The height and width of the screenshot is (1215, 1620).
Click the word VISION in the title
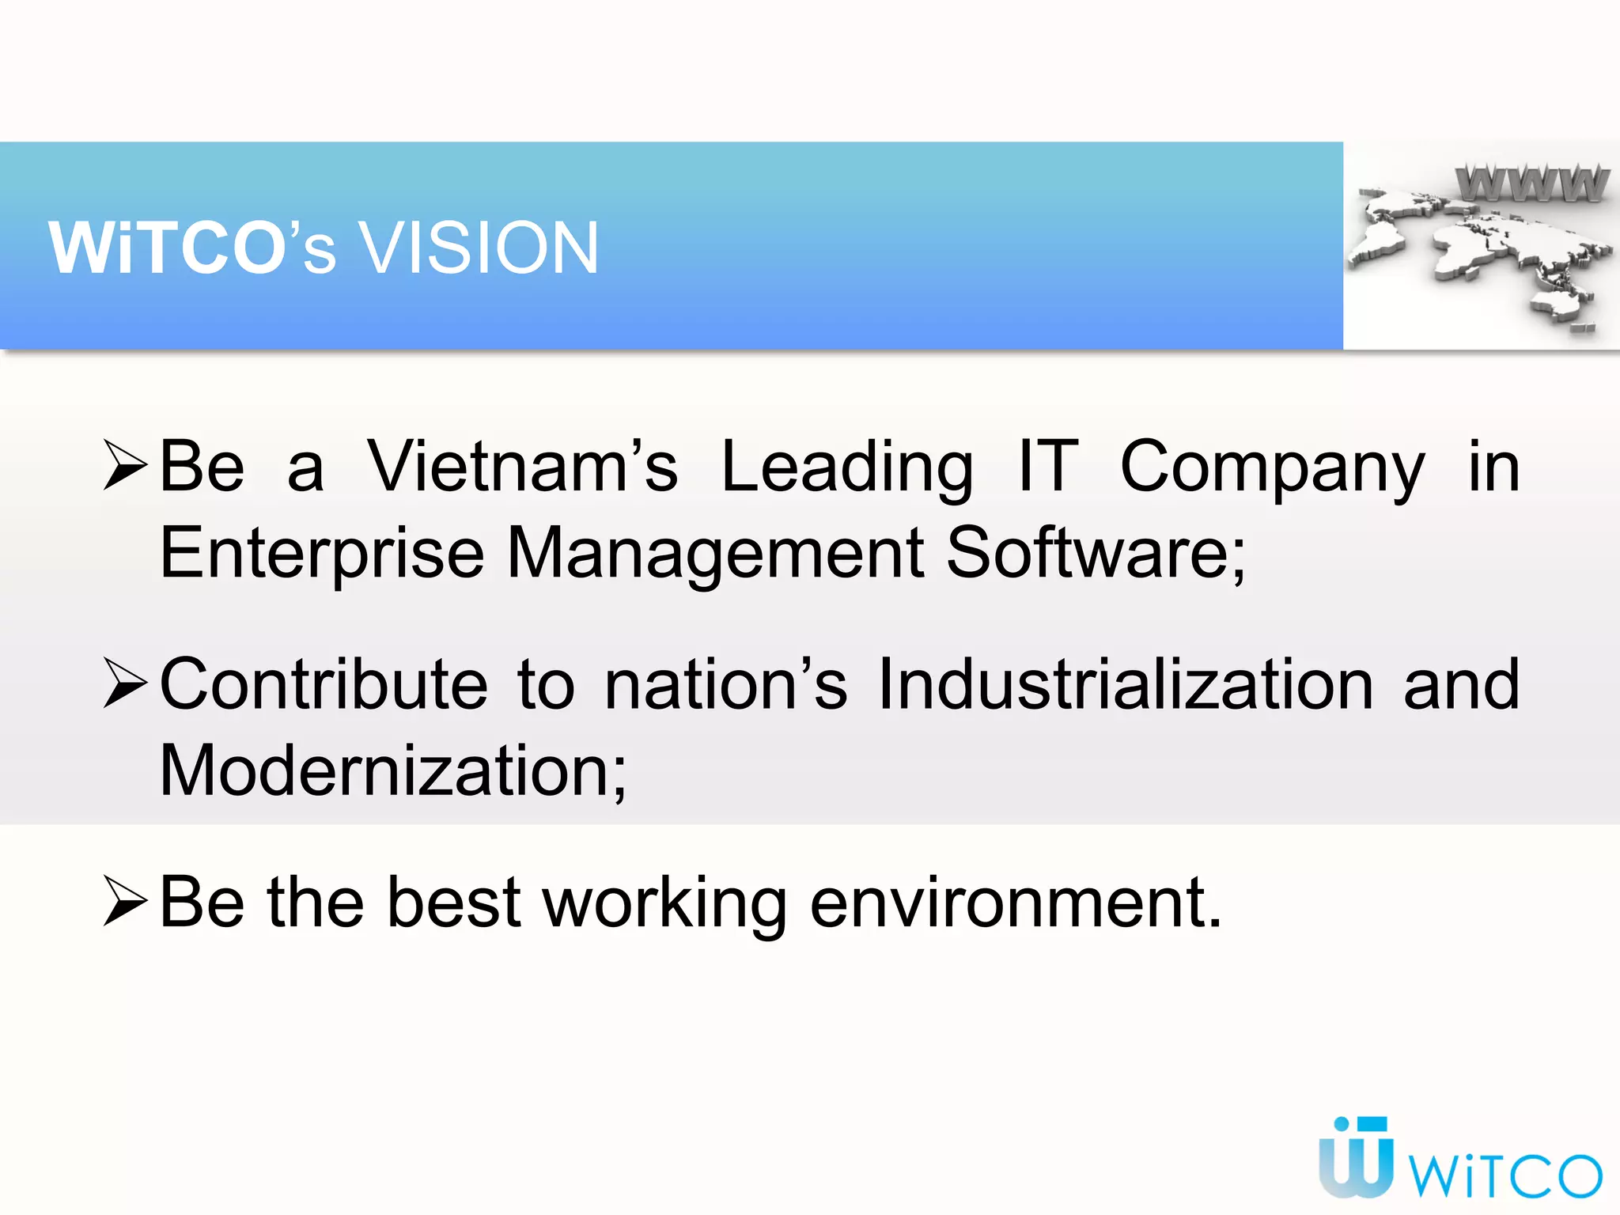pos(479,248)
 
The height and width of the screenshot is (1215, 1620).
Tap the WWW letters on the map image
pos(1531,184)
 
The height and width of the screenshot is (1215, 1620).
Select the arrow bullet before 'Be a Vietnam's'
pos(126,467)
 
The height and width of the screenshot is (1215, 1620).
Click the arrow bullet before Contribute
pos(126,684)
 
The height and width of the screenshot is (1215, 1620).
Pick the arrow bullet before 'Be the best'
pos(126,902)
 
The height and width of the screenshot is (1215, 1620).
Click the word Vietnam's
pos(523,467)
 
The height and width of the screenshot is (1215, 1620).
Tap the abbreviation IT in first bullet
pos(1047,467)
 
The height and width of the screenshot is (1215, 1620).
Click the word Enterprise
pos(322,554)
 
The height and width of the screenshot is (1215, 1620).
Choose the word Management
pos(715,554)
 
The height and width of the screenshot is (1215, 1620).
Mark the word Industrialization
pos(1126,684)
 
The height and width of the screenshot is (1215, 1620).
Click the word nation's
pos(725,684)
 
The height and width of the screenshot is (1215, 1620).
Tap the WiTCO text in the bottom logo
pos(1507,1175)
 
